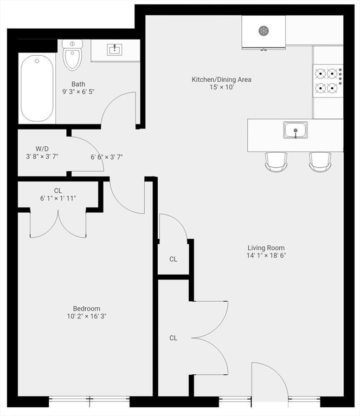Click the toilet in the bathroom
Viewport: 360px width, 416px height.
tap(73, 55)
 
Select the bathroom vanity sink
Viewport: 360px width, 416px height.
tap(114, 50)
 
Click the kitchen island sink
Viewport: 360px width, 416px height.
tap(295, 130)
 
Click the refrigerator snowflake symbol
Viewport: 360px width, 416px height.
tap(263, 31)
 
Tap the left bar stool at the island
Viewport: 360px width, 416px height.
tap(276, 162)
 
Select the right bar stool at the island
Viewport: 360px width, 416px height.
tap(320, 162)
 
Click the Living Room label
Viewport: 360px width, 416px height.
tap(266, 248)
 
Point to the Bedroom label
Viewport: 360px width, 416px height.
tap(87, 309)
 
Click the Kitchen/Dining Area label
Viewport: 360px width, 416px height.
tap(221, 79)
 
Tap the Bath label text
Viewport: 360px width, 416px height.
tap(78, 84)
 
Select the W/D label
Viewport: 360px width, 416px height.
tap(42, 149)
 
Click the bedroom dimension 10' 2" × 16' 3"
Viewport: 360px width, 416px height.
tap(87, 316)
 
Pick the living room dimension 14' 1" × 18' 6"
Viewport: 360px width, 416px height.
tap(266, 256)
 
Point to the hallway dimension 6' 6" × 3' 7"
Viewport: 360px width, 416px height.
tap(107, 157)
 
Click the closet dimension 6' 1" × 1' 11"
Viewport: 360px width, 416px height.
tap(58, 198)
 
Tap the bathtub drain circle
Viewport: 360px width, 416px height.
tap(37, 61)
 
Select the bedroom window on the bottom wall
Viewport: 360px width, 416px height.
tap(89, 402)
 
